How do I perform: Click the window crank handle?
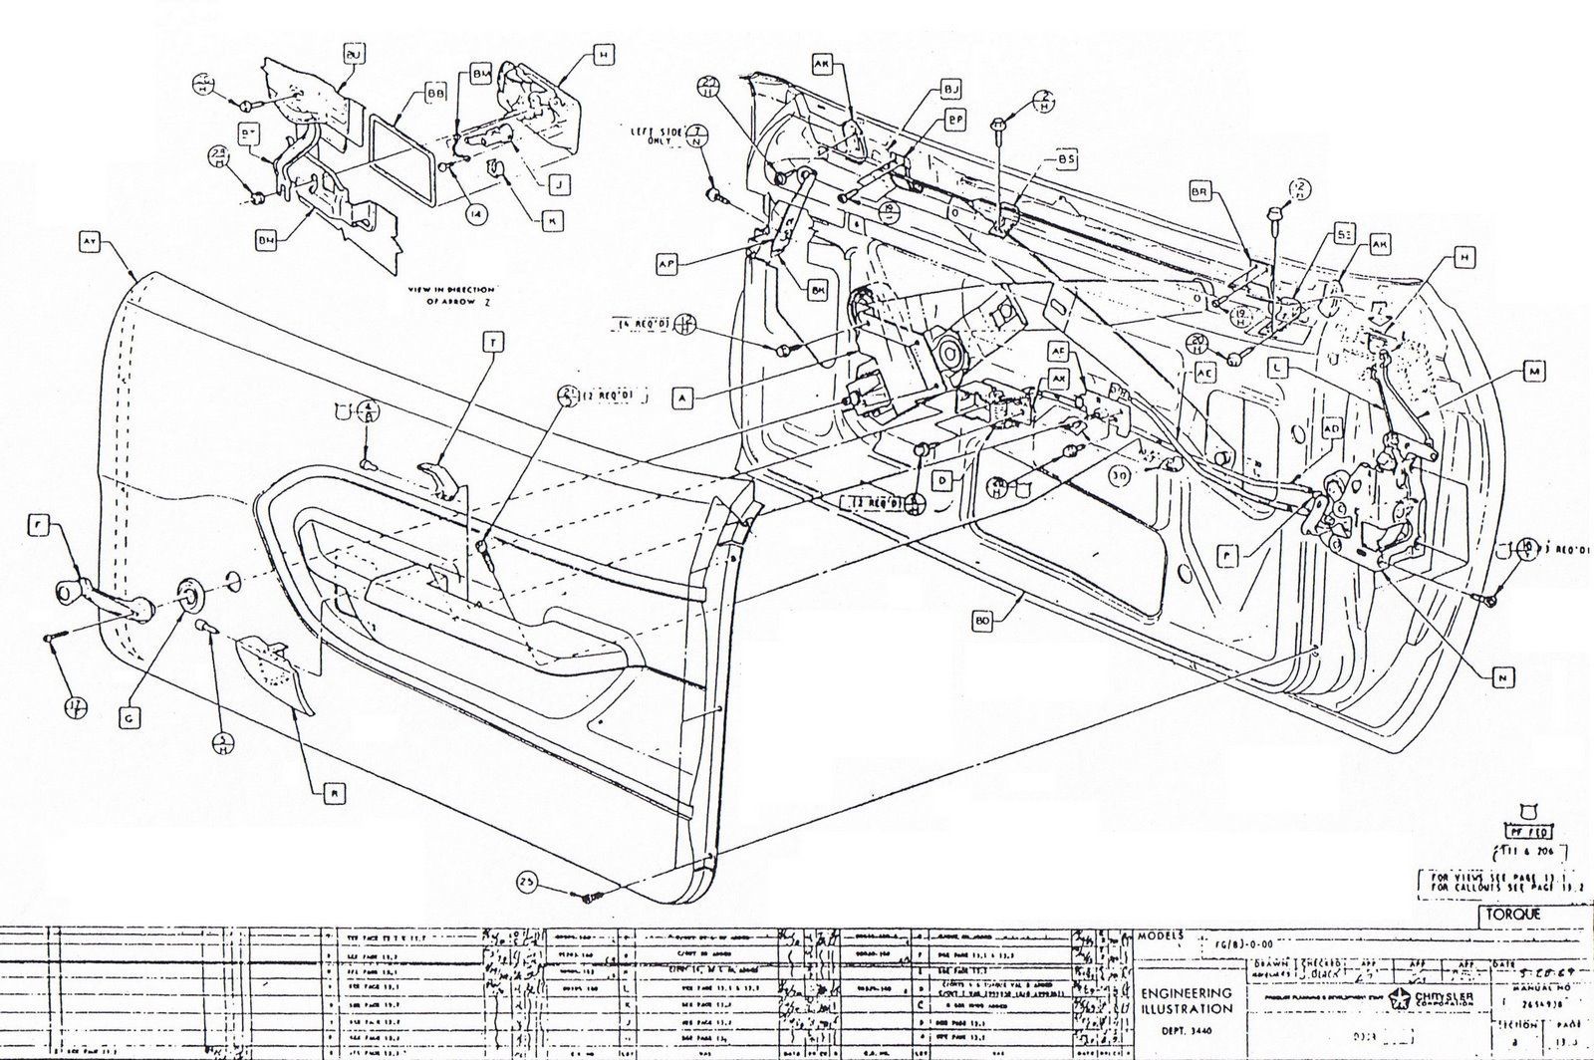click(x=100, y=603)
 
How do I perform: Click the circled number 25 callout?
click(x=527, y=881)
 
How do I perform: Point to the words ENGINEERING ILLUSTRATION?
click(x=1185, y=1000)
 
